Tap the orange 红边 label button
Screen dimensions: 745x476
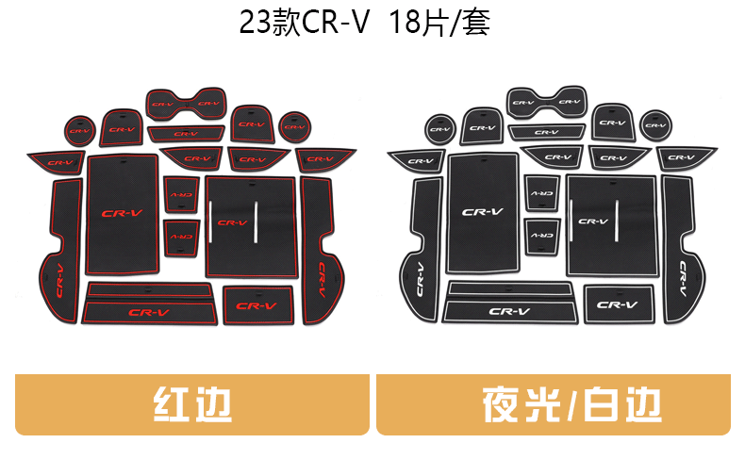[192, 404]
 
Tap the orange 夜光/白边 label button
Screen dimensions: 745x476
[554, 404]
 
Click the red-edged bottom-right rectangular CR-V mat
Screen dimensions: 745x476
[257, 305]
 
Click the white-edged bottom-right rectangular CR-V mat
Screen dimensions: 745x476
[618, 304]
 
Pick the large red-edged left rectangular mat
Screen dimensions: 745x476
[123, 214]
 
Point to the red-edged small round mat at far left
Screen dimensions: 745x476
[79, 129]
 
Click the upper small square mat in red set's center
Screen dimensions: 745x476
[180, 194]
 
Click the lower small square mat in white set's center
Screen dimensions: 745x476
[542, 233]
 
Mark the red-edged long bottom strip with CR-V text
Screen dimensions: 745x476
[151, 311]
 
